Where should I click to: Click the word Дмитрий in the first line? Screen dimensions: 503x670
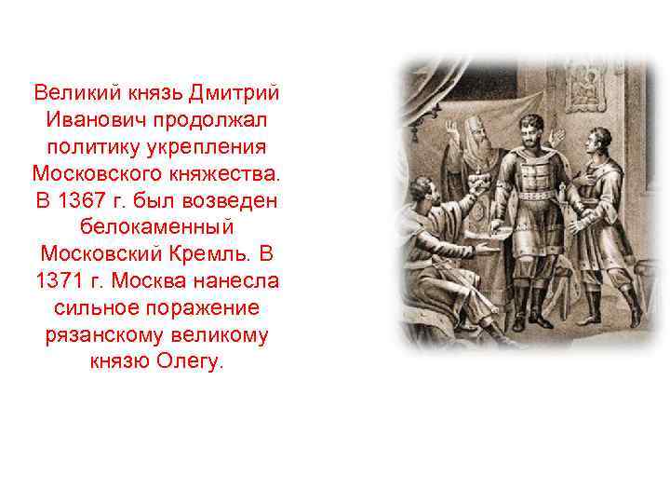pyautogui.click(x=236, y=93)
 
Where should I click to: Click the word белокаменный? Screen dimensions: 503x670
pyautogui.click(x=155, y=227)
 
